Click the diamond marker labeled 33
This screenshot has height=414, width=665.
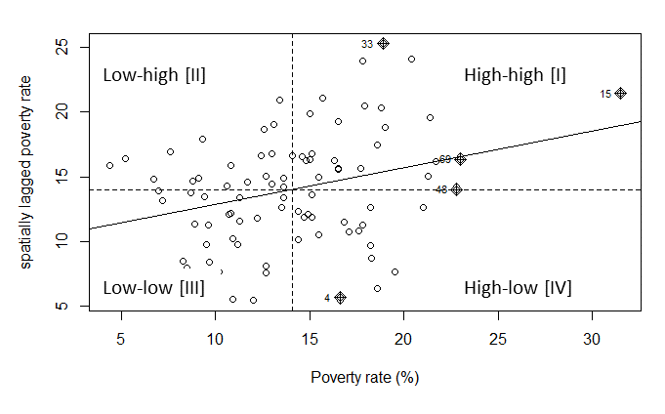pos(384,43)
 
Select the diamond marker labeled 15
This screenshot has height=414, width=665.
pos(620,93)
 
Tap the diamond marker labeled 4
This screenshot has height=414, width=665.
pos(340,297)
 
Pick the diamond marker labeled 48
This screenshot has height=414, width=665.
pos(456,189)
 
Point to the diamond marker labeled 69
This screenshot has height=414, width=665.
pos(461,159)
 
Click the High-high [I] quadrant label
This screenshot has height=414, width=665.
pos(515,74)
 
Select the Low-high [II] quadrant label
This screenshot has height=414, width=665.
pos(154,74)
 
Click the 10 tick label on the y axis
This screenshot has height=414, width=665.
pos(63,240)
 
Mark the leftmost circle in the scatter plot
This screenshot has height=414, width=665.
pos(109,165)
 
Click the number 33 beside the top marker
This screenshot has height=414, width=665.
pos(367,44)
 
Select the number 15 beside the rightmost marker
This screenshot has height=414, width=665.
pos(605,94)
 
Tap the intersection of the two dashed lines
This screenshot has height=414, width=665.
pos(292,189)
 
